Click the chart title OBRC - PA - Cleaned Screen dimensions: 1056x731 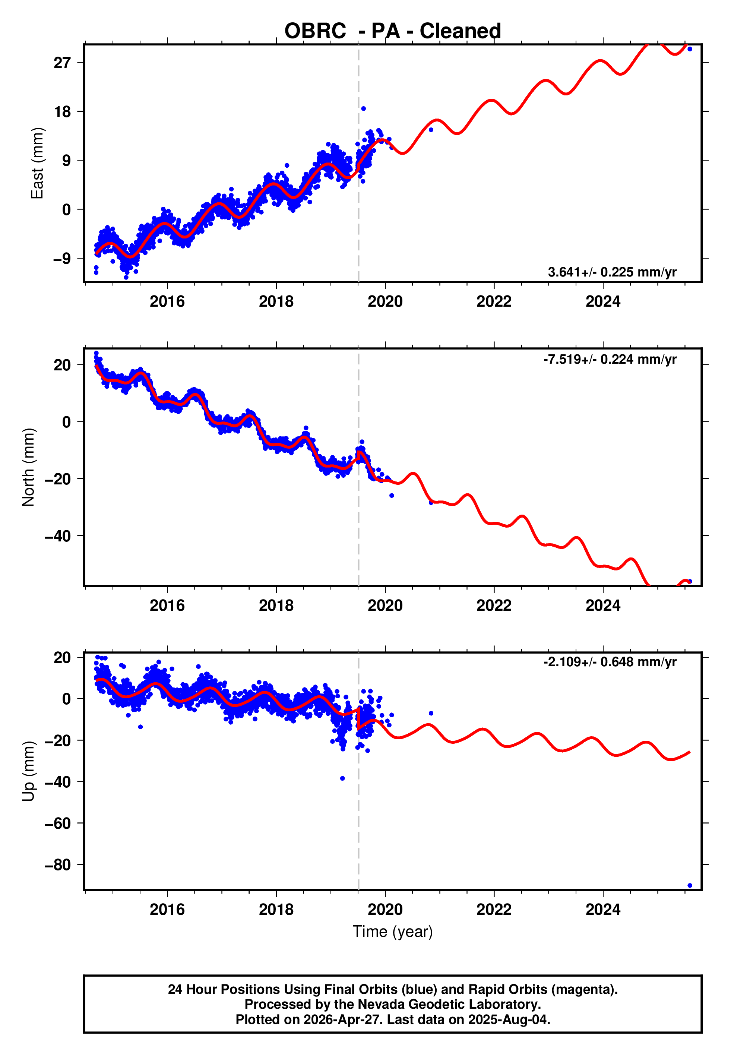tap(393, 31)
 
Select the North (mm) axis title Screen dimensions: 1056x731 tap(28, 467)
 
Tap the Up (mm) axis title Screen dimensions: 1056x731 tap(28, 771)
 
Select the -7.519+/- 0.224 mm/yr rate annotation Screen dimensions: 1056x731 tap(610, 359)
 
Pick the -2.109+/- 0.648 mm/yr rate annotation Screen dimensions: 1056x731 tap(610, 662)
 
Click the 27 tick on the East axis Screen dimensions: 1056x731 tap(62, 62)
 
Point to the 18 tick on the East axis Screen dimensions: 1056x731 tap(62, 111)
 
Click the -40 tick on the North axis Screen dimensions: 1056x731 tap(58, 536)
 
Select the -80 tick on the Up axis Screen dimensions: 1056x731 tap(58, 864)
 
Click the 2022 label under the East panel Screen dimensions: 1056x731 tap(494, 301)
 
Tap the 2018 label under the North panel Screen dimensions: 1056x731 tap(276, 606)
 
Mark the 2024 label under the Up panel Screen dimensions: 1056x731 tap(603, 909)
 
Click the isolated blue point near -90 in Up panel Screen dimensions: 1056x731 tap(690, 886)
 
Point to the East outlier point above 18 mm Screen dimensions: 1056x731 tap(363, 108)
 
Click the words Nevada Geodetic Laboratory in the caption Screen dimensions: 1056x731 tap(449, 1004)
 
